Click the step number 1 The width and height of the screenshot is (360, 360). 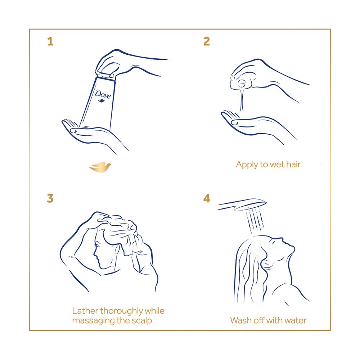(50, 41)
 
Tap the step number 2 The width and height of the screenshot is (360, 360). (207, 41)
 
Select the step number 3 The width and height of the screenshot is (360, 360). (50, 198)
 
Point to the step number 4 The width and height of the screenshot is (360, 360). (207, 198)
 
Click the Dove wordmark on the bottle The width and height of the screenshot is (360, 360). (103, 94)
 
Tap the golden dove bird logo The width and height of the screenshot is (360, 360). (100, 167)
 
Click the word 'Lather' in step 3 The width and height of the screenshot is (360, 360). (85, 311)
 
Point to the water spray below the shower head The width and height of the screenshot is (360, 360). (255, 220)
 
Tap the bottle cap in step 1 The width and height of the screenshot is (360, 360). (105, 75)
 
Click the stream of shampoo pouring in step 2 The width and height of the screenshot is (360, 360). (242, 100)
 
